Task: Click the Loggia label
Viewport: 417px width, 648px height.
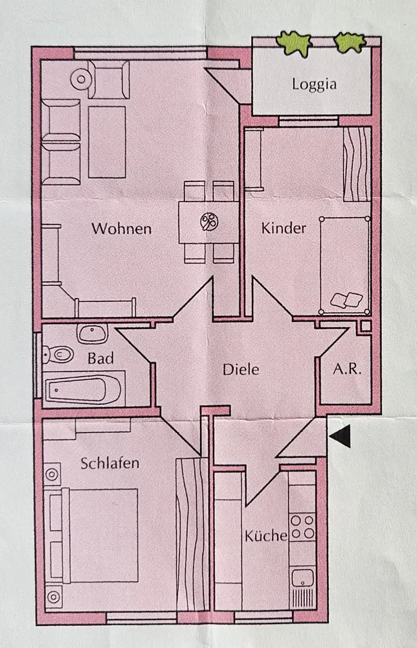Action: tap(314, 84)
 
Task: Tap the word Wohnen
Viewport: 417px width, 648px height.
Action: tap(121, 229)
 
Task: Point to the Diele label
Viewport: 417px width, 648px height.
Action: tap(241, 370)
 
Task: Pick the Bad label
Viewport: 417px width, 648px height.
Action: tap(101, 358)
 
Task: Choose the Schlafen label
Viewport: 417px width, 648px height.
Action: tap(110, 463)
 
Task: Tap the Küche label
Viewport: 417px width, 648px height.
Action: tap(266, 536)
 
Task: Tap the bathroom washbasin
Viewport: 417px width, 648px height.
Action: tap(93, 334)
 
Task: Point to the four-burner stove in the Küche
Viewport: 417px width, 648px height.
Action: tap(302, 526)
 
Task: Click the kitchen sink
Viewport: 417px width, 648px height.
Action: tap(302, 577)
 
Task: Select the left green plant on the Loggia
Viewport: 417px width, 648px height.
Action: tap(295, 43)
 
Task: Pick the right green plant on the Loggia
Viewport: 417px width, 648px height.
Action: tap(350, 42)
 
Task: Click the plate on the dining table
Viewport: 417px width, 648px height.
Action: tap(208, 222)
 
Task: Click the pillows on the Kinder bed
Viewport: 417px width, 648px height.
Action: tap(346, 299)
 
